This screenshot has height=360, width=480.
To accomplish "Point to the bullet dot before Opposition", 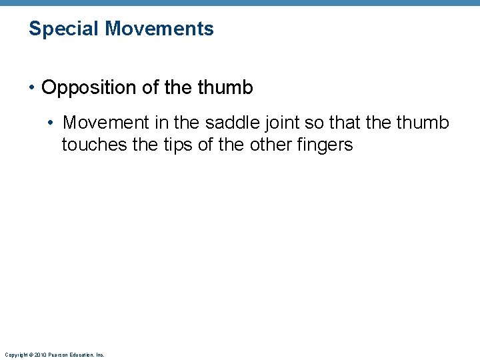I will tap(33, 88).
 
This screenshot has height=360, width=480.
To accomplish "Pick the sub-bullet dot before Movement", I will tap(52, 124).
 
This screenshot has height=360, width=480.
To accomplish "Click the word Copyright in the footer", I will tap(15, 355).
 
